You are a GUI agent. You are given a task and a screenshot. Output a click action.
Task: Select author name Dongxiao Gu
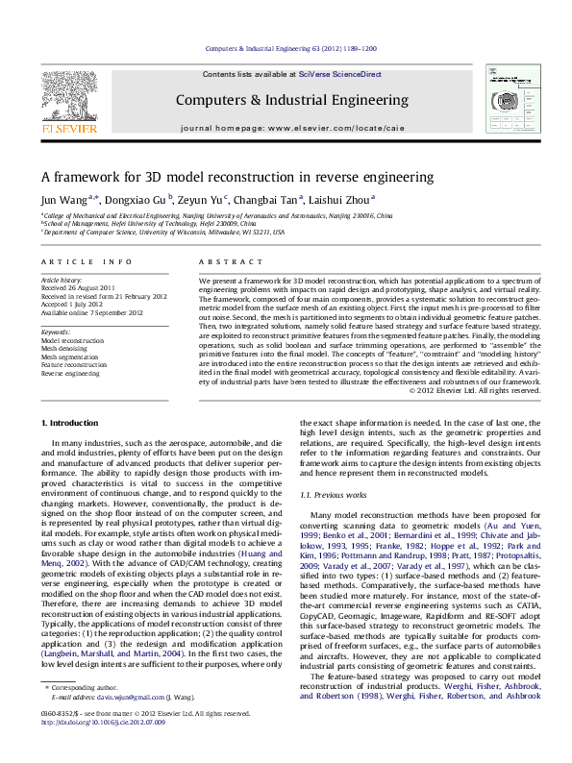(136, 201)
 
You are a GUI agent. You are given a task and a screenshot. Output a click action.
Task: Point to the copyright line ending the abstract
(475, 391)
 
